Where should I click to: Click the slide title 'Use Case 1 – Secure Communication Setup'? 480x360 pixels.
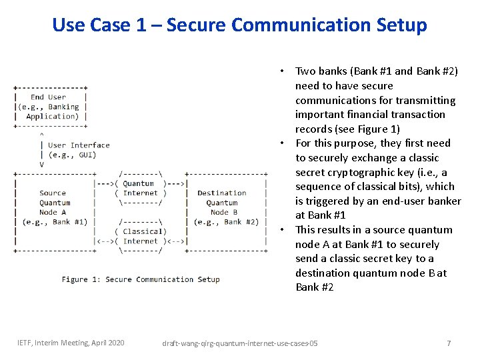(239, 25)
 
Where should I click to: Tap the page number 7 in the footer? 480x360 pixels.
(449, 343)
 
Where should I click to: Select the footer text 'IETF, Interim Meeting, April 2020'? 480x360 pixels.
(71, 343)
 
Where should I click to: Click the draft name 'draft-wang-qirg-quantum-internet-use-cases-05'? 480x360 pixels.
(240, 343)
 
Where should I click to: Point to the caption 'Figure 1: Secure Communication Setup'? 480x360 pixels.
(141, 279)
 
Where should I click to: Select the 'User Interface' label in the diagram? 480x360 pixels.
(79, 145)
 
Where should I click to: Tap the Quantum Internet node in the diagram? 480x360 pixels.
(140, 188)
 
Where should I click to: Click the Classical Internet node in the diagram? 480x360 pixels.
(140, 236)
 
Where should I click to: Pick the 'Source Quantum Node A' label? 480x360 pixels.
(55, 203)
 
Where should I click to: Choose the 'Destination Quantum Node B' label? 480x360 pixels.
(221, 203)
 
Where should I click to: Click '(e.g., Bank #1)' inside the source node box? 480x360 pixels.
(55, 222)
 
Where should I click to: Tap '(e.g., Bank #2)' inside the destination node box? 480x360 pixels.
(226, 222)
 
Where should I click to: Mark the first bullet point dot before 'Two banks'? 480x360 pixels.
(283, 71)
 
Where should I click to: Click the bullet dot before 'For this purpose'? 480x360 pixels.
(283, 143)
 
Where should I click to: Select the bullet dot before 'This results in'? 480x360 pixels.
(283, 230)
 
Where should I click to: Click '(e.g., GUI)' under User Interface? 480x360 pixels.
(72, 155)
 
